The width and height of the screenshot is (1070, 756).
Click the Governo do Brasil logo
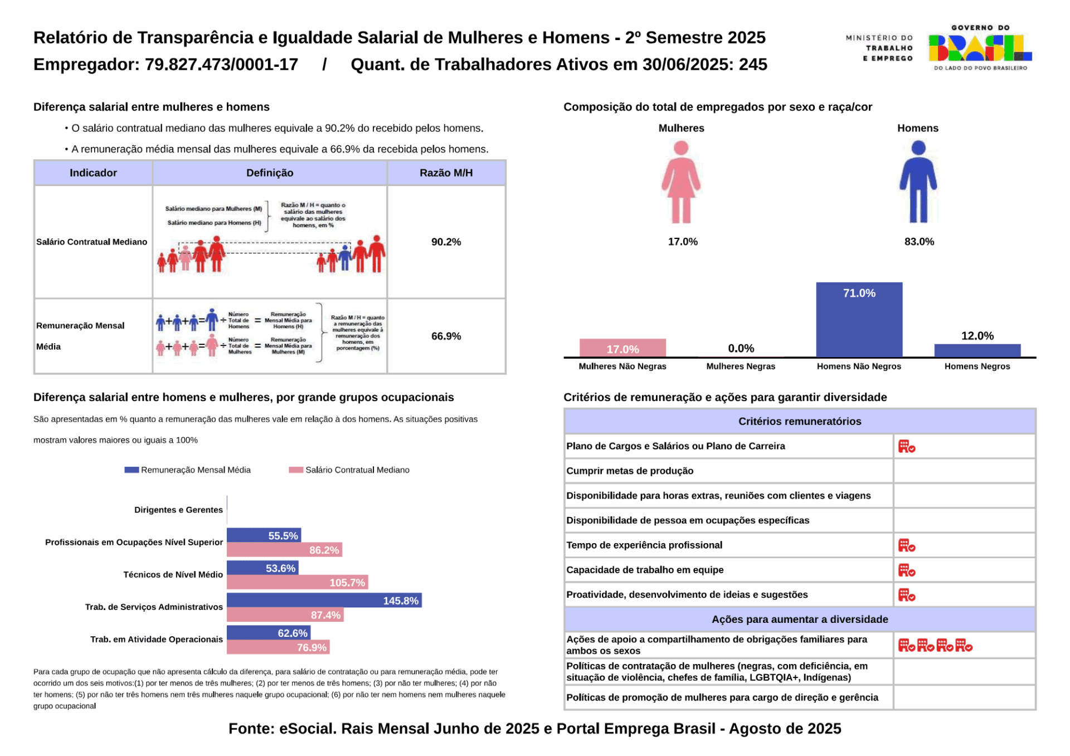pyautogui.click(x=980, y=48)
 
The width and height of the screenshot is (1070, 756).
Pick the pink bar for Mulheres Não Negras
pyautogui.click(x=622, y=348)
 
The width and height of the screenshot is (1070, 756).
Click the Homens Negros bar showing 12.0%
pyautogui.click(x=977, y=350)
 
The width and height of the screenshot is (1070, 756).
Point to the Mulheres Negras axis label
pyautogui.click(x=741, y=367)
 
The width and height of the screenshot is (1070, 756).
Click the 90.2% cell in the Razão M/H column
pyautogui.click(x=446, y=242)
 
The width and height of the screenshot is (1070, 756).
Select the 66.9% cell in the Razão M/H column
pyautogui.click(x=446, y=336)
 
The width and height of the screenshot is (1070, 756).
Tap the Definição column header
pyautogui.click(x=270, y=173)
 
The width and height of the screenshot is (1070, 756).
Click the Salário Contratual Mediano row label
pyautogui.click(x=92, y=242)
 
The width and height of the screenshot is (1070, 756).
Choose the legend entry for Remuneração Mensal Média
pyautogui.click(x=188, y=470)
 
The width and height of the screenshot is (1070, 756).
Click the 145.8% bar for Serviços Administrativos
pyautogui.click(x=324, y=600)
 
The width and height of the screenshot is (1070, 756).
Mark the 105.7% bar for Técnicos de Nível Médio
pyautogui.click(x=297, y=582)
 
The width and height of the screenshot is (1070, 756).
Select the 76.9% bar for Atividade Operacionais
pyautogui.click(x=278, y=647)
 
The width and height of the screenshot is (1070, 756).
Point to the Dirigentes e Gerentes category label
pyautogui.click(x=178, y=510)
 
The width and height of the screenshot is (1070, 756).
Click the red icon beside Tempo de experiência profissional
pyautogui.click(x=906, y=545)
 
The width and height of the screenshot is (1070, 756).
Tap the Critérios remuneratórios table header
pyautogui.click(x=799, y=421)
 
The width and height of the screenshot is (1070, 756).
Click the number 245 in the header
pyautogui.click(x=753, y=65)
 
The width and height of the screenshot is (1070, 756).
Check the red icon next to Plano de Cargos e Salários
pyautogui.click(x=906, y=446)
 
